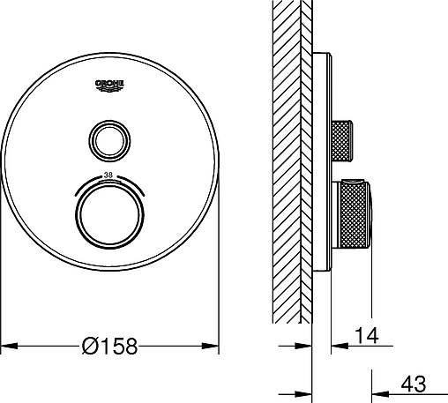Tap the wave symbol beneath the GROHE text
pos(109,88)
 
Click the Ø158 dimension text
pos(109,346)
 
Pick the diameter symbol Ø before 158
pos(89,346)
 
